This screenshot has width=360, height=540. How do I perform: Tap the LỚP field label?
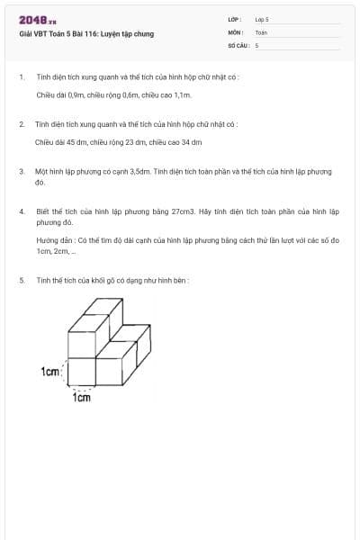[235, 19]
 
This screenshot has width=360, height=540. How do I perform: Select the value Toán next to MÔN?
[261, 31]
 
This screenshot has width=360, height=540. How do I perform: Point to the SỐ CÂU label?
[237, 44]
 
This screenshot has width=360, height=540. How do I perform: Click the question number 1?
[21, 77]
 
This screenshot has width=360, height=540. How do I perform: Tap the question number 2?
[21, 124]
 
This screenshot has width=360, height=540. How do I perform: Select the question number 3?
[21, 170]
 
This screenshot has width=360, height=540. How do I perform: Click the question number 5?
[21, 280]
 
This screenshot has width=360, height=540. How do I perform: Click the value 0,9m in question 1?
[76, 94]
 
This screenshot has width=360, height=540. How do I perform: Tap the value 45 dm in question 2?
[74, 141]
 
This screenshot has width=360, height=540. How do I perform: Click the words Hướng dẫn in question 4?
[53, 241]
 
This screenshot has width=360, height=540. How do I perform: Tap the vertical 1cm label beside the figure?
[50, 371]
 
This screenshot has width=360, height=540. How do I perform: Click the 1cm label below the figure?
[81, 398]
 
